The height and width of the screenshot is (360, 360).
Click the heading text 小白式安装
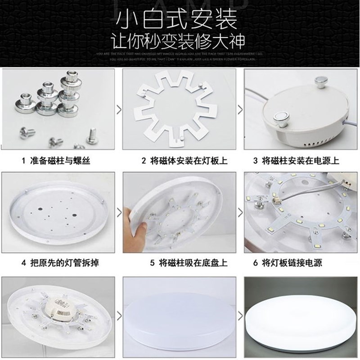coord(180,20)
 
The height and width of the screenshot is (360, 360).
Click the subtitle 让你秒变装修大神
coord(180,42)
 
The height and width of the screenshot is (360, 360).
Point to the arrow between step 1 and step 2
coord(118,109)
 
